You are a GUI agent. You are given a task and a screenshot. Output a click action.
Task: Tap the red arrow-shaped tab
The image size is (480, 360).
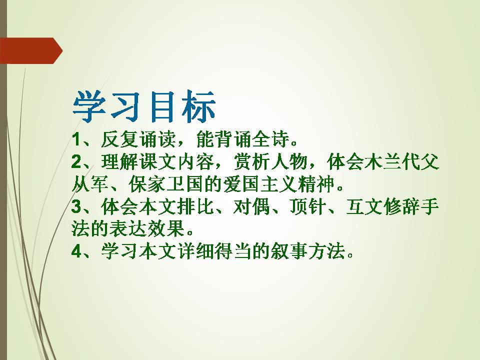[30, 50]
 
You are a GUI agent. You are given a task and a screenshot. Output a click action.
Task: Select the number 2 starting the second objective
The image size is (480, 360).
[76, 163]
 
